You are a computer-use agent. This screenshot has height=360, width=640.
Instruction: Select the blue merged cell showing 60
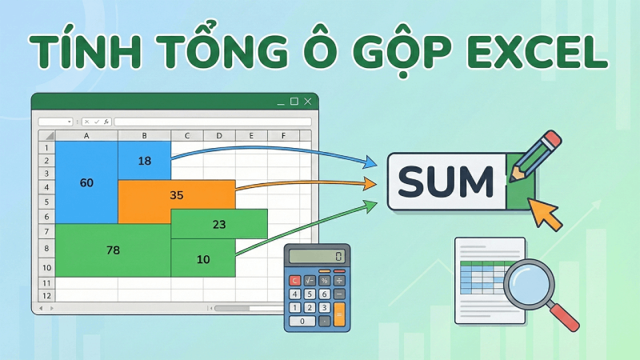click(86, 183)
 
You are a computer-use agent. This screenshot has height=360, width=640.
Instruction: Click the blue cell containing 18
click(144, 161)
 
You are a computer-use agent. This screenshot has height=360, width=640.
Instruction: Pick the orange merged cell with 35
click(177, 194)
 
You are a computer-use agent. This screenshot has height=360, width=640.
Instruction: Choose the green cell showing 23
click(219, 225)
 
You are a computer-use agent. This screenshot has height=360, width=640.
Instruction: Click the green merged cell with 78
click(113, 250)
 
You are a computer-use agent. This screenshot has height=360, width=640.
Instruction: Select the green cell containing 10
click(203, 259)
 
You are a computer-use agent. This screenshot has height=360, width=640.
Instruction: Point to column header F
click(282, 136)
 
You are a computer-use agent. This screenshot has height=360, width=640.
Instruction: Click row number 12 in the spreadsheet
click(46, 295)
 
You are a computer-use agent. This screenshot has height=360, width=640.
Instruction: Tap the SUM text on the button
click(446, 182)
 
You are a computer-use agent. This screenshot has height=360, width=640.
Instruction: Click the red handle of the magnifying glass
click(568, 318)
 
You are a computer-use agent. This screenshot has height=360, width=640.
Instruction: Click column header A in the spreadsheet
click(86, 136)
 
